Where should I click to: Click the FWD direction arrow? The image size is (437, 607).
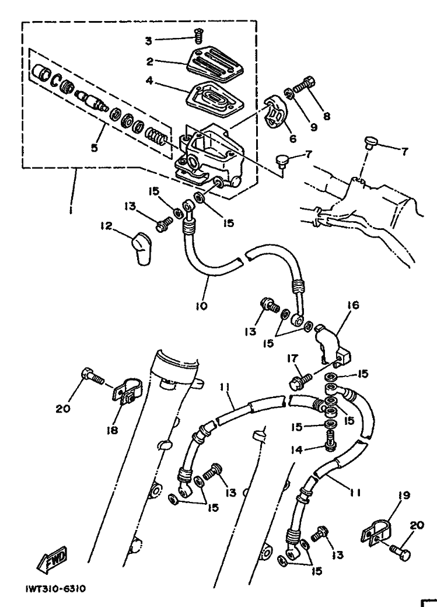click(x=53, y=559)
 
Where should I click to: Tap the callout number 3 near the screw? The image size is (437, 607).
click(x=149, y=41)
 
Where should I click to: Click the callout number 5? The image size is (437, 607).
click(x=95, y=148)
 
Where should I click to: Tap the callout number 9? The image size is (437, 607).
click(x=313, y=127)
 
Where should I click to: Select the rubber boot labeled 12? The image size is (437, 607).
click(x=141, y=249)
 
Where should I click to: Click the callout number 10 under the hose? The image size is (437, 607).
click(x=201, y=306)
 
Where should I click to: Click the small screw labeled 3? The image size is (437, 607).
click(x=199, y=38)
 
